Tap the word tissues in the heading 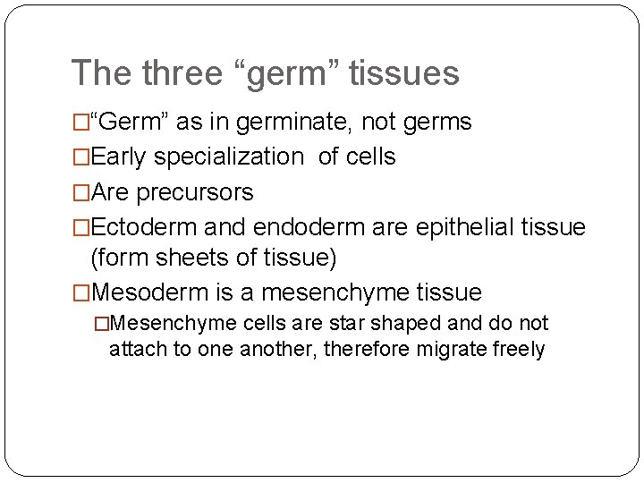pos(403,72)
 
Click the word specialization pos(229,157)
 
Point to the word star pos(352,323)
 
